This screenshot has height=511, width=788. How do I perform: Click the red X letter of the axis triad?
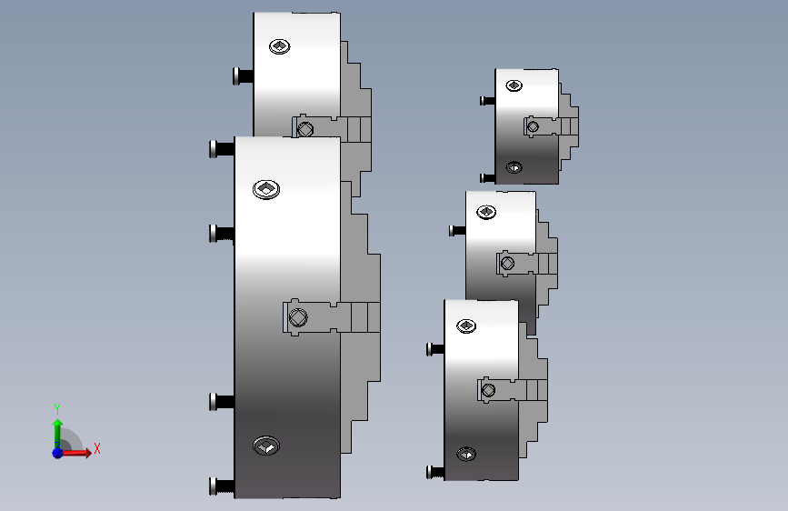[97, 448]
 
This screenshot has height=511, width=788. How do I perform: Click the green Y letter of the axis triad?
[57, 408]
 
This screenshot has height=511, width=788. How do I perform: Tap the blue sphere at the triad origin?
[58, 453]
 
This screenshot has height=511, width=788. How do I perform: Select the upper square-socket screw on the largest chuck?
[266, 189]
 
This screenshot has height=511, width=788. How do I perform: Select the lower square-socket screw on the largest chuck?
[266, 446]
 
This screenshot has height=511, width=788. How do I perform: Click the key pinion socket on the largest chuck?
[298, 317]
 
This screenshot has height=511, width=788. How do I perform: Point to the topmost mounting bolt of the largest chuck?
[222, 149]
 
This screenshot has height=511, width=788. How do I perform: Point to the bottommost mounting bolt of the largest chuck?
[222, 486]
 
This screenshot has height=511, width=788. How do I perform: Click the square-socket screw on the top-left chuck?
[279, 46]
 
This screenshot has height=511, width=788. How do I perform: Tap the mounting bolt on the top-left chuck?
[244, 76]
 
